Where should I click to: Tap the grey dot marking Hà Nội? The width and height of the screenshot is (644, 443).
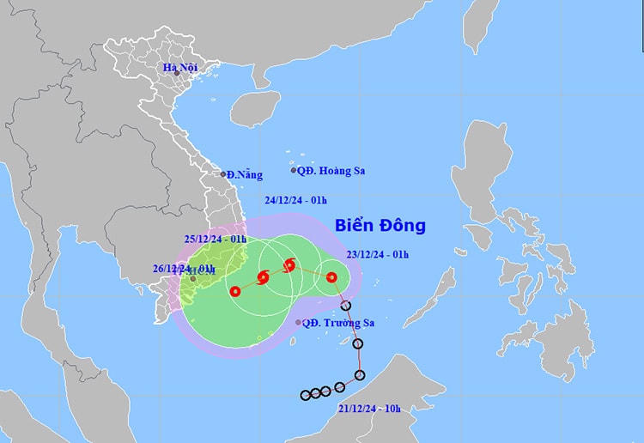(x=176, y=74)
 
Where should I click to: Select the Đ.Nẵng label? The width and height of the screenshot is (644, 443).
(x=245, y=174)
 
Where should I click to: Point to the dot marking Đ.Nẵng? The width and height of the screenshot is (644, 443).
(x=223, y=173)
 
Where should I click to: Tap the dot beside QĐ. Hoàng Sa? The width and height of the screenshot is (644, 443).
(x=294, y=170)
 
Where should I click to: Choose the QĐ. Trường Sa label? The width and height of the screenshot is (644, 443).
(x=336, y=323)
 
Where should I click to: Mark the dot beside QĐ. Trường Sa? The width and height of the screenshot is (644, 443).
(x=298, y=323)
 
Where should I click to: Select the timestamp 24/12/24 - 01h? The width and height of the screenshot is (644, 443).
(x=295, y=200)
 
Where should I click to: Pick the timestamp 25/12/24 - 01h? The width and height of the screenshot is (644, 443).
(x=216, y=239)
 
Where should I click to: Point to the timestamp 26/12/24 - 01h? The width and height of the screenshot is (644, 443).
(x=183, y=268)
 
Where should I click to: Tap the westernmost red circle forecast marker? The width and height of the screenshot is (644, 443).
(x=234, y=291)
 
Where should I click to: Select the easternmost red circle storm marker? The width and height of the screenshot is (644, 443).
(x=331, y=276)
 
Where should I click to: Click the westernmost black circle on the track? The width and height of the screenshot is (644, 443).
(x=305, y=395)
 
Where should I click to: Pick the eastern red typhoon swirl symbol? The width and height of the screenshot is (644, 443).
(x=289, y=264)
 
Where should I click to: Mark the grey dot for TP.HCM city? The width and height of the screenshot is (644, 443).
(x=193, y=278)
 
